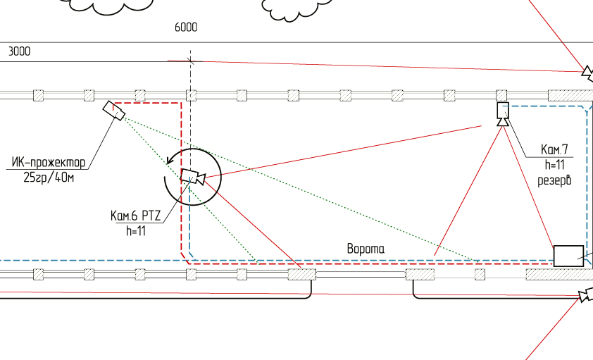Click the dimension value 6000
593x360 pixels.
pos(186,27)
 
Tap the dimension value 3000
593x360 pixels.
pos(19,51)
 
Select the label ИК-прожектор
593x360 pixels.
pos(49,163)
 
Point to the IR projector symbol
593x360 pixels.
pos(113,111)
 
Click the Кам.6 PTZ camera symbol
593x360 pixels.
pos(192,177)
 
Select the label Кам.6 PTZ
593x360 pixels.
pos(136,216)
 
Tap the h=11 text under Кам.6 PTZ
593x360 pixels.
pos(135,230)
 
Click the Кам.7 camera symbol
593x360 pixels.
pos(503,111)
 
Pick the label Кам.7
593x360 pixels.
pos(554,149)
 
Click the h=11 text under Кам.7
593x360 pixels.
pos(555,164)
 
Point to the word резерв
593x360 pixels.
pos(554,179)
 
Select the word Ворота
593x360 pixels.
pos(366,249)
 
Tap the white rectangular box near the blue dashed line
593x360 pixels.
pos(568,256)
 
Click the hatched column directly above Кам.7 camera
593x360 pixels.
pos(501,95)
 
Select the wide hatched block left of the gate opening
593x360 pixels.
pos(301,274)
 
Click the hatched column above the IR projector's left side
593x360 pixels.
pos(89,95)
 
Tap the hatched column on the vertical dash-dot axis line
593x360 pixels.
pos(191,95)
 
